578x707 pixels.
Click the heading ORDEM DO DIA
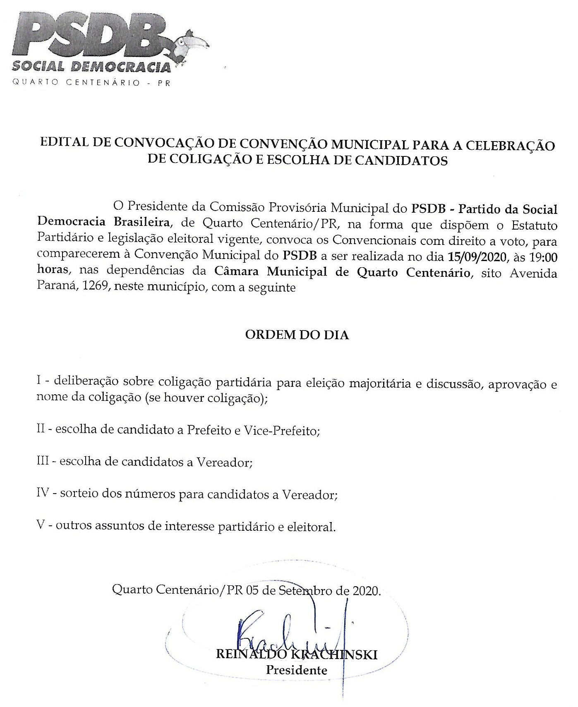click(297, 335)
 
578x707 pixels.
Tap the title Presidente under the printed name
click(297, 670)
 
